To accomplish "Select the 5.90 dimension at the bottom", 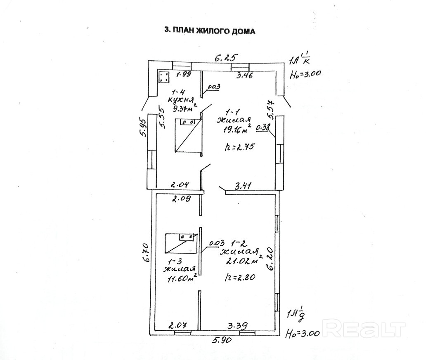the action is coord(222,341).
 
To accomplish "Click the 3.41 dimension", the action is coord(244,187).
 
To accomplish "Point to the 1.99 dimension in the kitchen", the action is coord(184,75).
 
